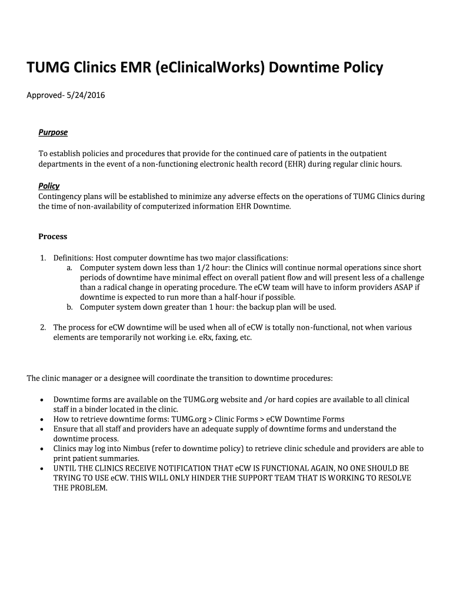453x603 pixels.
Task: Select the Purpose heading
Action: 53,132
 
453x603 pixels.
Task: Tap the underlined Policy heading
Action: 49,186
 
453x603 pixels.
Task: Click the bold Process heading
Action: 53,237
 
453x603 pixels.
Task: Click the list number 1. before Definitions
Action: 43,258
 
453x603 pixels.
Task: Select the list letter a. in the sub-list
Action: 69,267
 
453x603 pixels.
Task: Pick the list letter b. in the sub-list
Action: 69,307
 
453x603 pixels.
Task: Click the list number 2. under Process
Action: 43,327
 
